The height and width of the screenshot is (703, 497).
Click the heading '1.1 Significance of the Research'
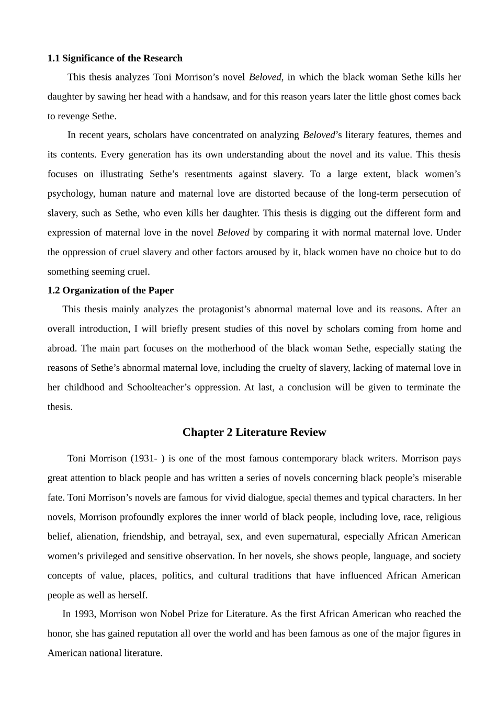click(115, 58)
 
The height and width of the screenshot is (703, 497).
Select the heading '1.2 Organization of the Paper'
click(110, 290)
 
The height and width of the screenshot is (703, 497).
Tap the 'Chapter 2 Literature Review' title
click(254, 432)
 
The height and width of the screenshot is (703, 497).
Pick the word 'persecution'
click(424, 194)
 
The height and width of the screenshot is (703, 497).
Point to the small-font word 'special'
click(299, 498)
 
